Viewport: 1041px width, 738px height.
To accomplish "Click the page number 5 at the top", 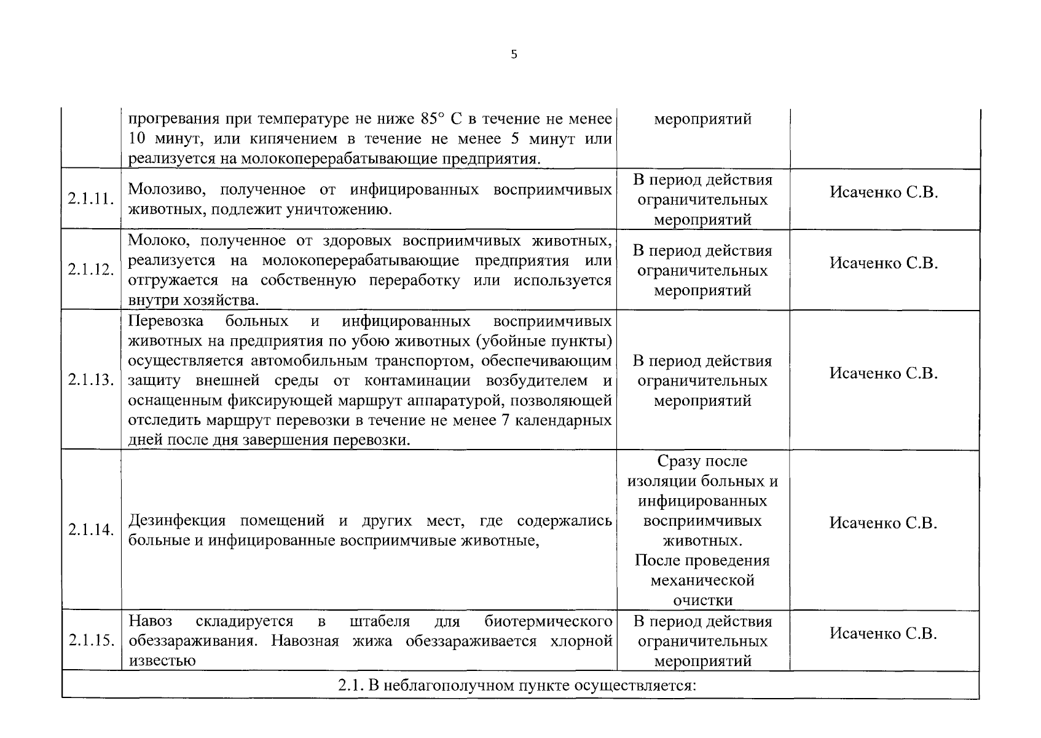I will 514,55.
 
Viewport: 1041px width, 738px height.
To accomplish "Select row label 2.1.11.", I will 91,199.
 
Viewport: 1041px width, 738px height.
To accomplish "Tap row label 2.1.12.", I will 91,270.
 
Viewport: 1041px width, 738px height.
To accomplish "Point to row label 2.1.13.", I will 91,380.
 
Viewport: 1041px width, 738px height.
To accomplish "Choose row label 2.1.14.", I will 91,530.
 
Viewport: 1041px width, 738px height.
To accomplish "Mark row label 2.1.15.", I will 91,641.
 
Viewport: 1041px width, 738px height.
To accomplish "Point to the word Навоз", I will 151,621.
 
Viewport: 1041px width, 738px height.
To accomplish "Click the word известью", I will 162,661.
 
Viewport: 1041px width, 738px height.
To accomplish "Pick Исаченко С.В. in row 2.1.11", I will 883,192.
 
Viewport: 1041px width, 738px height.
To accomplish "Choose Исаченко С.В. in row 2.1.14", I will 883,523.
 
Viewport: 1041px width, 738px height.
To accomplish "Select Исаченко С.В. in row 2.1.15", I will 883,634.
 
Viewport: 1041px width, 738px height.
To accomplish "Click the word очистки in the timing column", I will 702,600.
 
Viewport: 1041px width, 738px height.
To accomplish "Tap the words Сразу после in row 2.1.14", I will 702,461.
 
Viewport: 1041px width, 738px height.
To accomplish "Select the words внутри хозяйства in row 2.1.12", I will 193,301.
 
